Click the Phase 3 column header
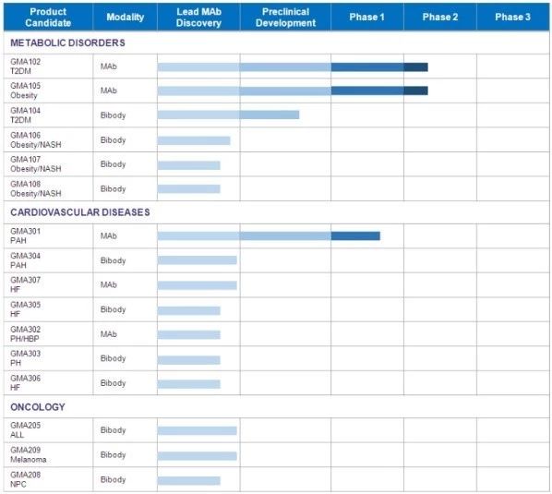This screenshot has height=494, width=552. pyautogui.click(x=512, y=17)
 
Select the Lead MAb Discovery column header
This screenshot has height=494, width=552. pyautogui.click(x=198, y=17)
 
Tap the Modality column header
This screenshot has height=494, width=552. pyautogui.click(x=125, y=17)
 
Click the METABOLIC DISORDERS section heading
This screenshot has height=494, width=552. pyautogui.click(x=67, y=42)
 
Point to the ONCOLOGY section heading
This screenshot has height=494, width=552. pyautogui.click(x=38, y=407)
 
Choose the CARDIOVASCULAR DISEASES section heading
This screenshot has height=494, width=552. pyautogui.click(x=80, y=212)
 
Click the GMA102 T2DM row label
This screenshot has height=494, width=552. pyautogui.click(x=25, y=66)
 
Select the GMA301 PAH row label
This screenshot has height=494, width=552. pyautogui.click(x=25, y=235)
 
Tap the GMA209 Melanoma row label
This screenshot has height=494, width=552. pyautogui.click(x=29, y=454)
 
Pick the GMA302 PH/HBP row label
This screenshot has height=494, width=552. pyautogui.click(x=25, y=333)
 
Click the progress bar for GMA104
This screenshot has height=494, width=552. pyautogui.click(x=228, y=114)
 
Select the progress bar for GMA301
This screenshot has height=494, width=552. pyautogui.click(x=269, y=235)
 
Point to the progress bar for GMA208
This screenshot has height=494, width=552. pyautogui.click(x=188, y=481)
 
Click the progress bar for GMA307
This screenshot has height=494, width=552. pyautogui.click(x=198, y=285)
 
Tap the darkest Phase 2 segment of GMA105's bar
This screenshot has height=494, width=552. pyautogui.click(x=415, y=90)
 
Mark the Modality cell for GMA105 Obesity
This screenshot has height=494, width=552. pyautogui.click(x=108, y=90)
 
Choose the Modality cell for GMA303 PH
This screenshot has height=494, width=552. pyautogui.click(x=113, y=358)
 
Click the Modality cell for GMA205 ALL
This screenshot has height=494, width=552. pyautogui.click(x=113, y=430)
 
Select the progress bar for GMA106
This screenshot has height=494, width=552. pyautogui.click(x=194, y=141)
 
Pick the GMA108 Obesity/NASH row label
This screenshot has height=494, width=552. pyautogui.click(x=36, y=188)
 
